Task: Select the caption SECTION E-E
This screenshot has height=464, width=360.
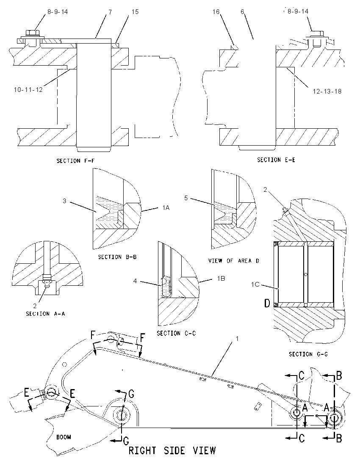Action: click(x=276, y=160)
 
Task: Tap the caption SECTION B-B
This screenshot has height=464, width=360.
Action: click(x=118, y=257)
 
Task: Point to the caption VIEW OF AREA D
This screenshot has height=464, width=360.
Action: click(x=234, y=261)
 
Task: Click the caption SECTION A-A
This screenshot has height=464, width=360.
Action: click(x=45, y=314)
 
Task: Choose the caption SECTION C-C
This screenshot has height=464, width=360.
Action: click(x=177, y=333)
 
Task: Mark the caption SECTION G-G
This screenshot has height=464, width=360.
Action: click(x=308, y=354)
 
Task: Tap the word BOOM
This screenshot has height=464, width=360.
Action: click(x=64, y=437)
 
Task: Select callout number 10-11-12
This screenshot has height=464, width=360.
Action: click(x=28, y=89)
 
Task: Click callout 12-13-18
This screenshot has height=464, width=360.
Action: click(x=327, y=91)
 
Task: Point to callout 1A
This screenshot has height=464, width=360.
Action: click(x=166, y=208)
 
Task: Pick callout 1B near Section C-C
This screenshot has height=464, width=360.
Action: click(x=221, y=279)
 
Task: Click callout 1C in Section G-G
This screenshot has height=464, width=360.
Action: click(x=255, y=284)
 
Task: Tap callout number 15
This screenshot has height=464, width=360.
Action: click(x=135, y=12)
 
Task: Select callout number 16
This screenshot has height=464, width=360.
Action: click(x=216, y=11)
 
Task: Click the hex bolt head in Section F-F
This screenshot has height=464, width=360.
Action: click(x=31, y=32)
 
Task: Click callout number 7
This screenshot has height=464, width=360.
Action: click(x=110, y=12)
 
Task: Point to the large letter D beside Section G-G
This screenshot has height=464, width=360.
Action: click(x=267, y=303)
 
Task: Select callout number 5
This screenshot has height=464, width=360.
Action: click(x=186, y=198)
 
